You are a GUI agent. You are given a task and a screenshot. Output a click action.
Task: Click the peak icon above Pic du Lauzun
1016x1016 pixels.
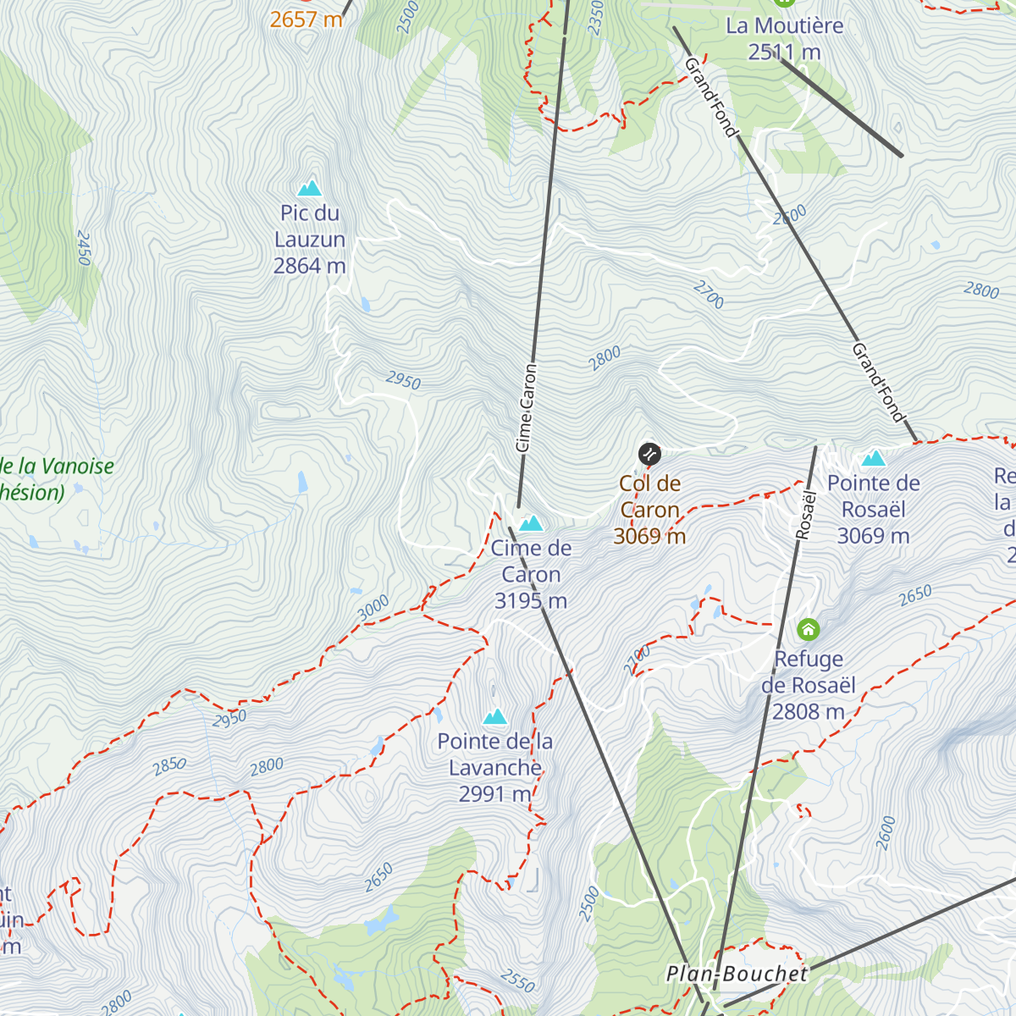(x=309, y=188)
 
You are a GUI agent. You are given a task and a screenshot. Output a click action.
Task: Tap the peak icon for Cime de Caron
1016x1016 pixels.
(x=531, y=523)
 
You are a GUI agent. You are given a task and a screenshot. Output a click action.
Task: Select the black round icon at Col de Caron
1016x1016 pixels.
(x=649, y=454)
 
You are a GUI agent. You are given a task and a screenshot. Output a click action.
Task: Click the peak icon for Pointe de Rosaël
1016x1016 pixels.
(x=873, y=459)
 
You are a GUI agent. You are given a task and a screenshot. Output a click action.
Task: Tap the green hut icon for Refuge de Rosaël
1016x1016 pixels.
(x=809, y=630)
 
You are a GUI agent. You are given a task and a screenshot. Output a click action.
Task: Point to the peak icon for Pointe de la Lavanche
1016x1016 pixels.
(x=494, y=717)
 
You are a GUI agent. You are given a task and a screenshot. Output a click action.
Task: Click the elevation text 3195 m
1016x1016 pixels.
(x=531, y=601)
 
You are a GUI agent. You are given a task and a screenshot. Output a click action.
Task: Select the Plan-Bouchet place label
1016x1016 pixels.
(x=737, y=974)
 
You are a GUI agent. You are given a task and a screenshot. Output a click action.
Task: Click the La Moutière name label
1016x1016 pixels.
(x=784, y=26)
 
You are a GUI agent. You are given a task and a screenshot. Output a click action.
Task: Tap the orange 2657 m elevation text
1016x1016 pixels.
(x=306, y=19)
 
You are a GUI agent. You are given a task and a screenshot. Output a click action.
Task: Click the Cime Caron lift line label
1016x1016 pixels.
(x=526, y=407)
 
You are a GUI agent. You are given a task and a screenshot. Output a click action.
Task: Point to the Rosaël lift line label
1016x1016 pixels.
(x=805, y=515)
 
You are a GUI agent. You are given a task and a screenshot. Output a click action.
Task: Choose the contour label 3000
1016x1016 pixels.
(x=373, y=607)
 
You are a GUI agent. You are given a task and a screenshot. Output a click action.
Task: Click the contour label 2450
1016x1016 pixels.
(x=83, y=248)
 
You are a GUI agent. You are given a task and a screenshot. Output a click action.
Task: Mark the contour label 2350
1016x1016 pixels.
(x=595, y=18)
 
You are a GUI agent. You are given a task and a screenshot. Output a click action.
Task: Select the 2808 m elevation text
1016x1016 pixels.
(x=808, y=712)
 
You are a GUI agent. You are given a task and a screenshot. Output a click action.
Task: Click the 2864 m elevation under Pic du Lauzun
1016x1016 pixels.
(x=309, y=266)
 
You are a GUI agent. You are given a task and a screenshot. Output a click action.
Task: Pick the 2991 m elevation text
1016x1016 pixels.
(x=494, y=794)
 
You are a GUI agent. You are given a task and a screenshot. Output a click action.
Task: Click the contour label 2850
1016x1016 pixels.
(x=169, y=765)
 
